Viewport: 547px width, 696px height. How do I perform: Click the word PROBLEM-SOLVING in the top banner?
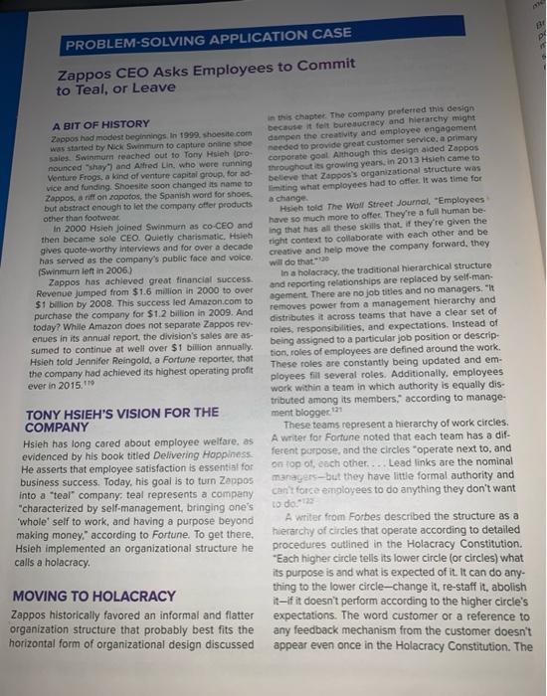pos(111,45)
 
